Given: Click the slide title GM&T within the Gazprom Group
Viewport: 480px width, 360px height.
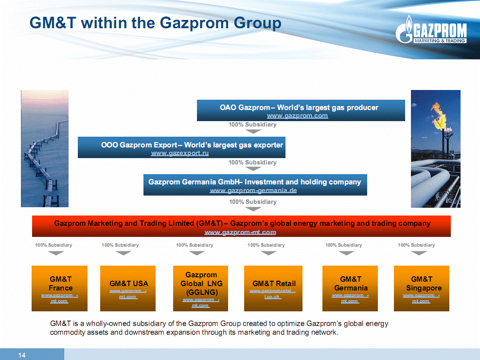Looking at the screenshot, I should [156, 23].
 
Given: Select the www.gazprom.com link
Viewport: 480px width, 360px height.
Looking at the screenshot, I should [297, 116].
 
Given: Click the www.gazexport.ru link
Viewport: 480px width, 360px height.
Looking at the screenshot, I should [180, 153].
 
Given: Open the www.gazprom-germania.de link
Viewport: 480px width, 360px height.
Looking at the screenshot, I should [253, 190].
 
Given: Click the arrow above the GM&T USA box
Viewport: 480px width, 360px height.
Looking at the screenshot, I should [124, 253].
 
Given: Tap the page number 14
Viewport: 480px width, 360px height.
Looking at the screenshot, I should [22, 355].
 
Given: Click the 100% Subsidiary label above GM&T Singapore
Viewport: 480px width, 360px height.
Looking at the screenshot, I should [416, 245].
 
